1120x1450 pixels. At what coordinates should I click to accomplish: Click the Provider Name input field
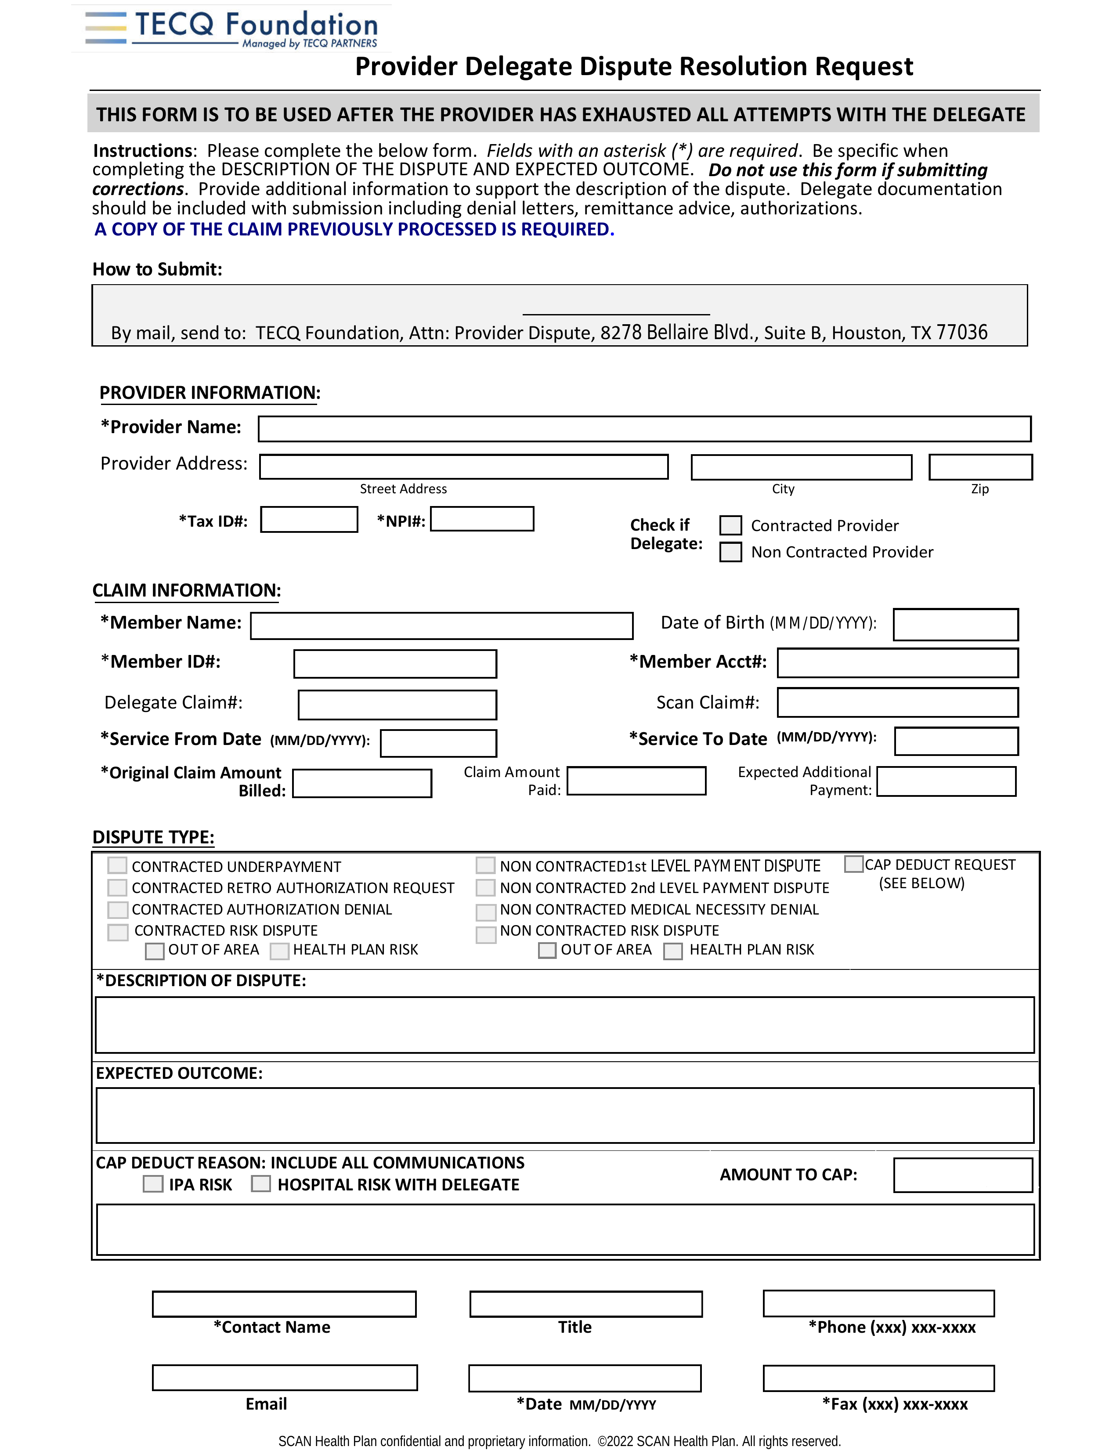click(644, 429)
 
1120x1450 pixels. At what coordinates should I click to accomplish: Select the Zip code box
click(980, 467)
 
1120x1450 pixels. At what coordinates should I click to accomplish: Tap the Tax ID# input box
click(309, 519)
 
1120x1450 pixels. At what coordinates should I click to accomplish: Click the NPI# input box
click(482, 518)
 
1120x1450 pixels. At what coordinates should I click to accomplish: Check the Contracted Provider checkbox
click(730, 525)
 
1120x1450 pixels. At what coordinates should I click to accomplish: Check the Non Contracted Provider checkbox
click(730, 552)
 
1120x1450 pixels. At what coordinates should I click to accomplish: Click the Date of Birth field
click(955, 624)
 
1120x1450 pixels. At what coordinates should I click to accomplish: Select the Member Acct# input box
click(898, 662)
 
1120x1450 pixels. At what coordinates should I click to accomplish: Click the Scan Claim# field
click(898, 702)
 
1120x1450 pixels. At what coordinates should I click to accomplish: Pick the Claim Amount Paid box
click(636, 781)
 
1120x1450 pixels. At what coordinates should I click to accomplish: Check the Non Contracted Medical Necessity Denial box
click(486, 911)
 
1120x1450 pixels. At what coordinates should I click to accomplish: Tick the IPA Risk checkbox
click(153, 1184)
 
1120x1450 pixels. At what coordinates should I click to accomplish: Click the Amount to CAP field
click(963, 1175)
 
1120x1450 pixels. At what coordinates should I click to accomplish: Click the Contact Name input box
click(284, 1304)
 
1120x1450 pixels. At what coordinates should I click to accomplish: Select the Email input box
click(285, 1378)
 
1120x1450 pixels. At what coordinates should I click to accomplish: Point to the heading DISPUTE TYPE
click(153, 837)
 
